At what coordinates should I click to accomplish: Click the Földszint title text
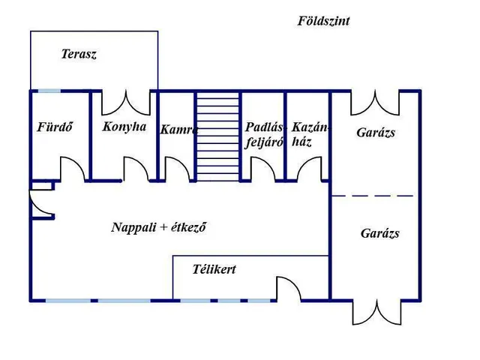coord(323,21)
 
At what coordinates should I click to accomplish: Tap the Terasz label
coord(79,54)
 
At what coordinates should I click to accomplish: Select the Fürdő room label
coord(55,127)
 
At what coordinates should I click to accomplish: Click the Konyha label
coord(124,127)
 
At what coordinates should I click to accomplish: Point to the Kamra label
coord(179,130)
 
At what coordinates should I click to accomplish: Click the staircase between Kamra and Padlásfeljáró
coord(217,136)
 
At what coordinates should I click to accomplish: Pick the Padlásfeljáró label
coord(265,134)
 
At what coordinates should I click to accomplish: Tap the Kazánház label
coord(310,134)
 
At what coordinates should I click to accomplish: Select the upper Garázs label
coord(376,133)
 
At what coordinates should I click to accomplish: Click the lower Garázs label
coord(380,233)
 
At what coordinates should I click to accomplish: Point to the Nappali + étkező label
coord(158,227)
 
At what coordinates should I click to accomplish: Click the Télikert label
coord(214,269)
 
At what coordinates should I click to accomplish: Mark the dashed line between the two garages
coord(373,196)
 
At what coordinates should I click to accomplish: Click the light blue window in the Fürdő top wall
coord(49,91)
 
